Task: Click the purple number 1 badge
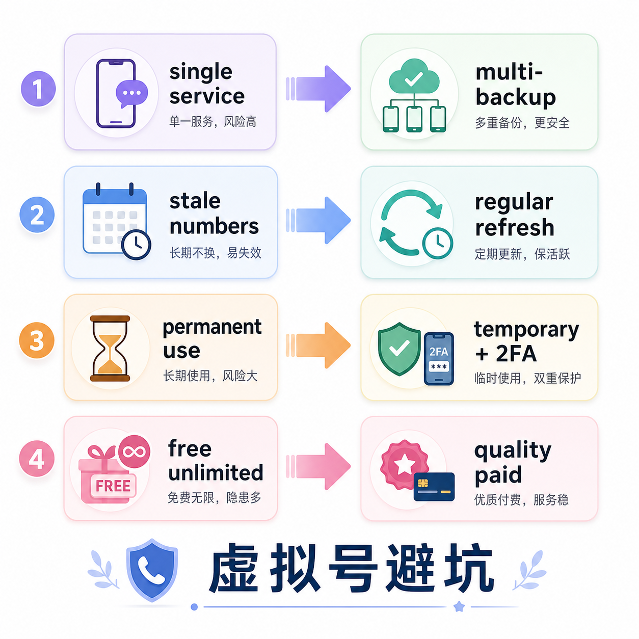tap(38, 89)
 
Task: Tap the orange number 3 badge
tap(37, 340)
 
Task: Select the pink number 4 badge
tap(37, 459)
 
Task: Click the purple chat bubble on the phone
tap(131, 94)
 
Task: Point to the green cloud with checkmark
tap(414, 76)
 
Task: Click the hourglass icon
tap(110, 348)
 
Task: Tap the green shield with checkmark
tap(400, 349)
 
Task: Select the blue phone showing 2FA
tap(439, 358)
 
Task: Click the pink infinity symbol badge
tap(135, 451)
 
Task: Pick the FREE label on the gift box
tap(113, 486)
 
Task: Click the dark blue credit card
tap(434, 487)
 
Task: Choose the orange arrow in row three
tap(318, 345)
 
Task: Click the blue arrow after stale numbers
tap(318, 220)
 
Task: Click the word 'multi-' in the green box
tap(509, 72)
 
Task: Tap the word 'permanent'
tap(212, 328)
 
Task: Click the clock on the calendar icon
tap(136, 245)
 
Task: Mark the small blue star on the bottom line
tap(459, 607)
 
